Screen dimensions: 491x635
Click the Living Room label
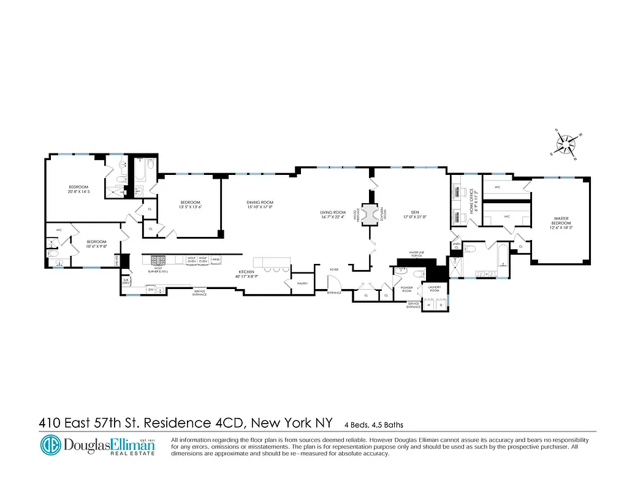click(333, 212)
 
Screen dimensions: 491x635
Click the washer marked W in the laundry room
click(428, 304)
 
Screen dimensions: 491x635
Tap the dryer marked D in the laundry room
click(439, 304)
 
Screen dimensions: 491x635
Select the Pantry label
click(302, 283)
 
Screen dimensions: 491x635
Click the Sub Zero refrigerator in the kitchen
click(126, 281)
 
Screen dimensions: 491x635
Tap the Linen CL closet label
click(455, 245)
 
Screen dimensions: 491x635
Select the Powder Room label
click(406, 288)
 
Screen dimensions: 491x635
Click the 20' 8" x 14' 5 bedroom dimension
click(78, 191)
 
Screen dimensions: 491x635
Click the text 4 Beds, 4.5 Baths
click(374, 424)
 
